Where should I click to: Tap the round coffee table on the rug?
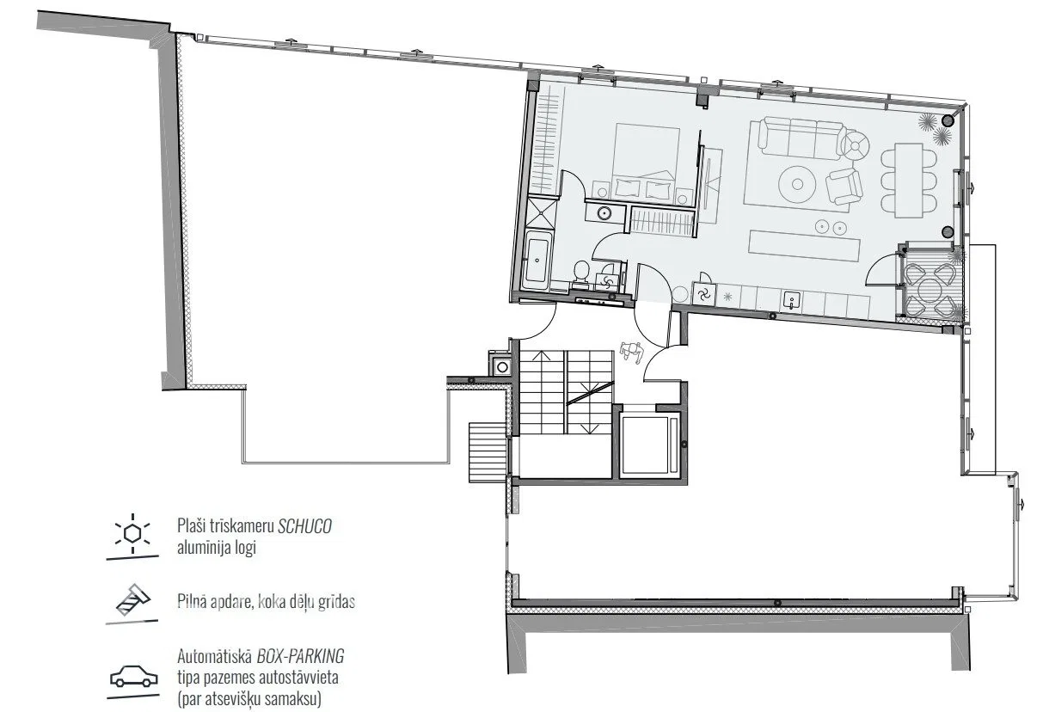tap(797, 184)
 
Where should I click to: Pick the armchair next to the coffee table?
tap(844, 187)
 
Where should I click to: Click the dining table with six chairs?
tap(908, 181)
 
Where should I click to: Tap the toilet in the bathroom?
tap(580, 273)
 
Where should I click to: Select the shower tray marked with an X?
tap(542, 215)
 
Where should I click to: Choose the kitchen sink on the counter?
tap(789, 300)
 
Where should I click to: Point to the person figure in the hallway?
tap(632, 352)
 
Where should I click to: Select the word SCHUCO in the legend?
tap(304, 526)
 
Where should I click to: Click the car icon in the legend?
tap(133, 676)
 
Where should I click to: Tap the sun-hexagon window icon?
tap(132, 533)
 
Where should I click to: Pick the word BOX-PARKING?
tap(300, 656)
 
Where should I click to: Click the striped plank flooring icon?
tap(133, 599)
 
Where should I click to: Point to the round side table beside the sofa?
tap(856, 146)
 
